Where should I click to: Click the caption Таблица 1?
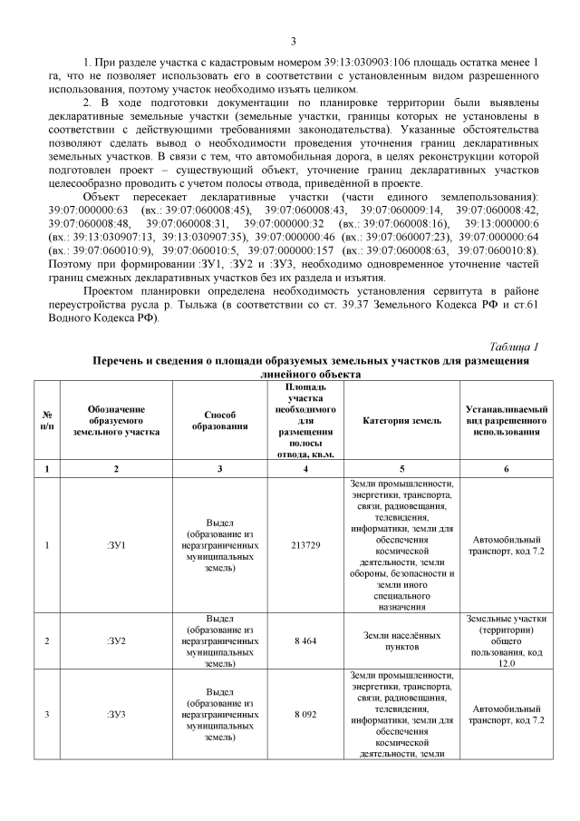coord(514,347)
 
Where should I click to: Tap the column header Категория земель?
coord(401,421)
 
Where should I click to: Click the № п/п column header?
coord(46,421)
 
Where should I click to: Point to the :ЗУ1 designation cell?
coord(116,544)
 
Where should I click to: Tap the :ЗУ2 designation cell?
coord(116,640)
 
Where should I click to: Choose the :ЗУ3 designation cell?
coord(116,714)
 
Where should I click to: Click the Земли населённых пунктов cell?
coord(401,640)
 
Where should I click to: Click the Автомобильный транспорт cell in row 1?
coord(505,544)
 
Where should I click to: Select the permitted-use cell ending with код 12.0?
coord(505,640)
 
